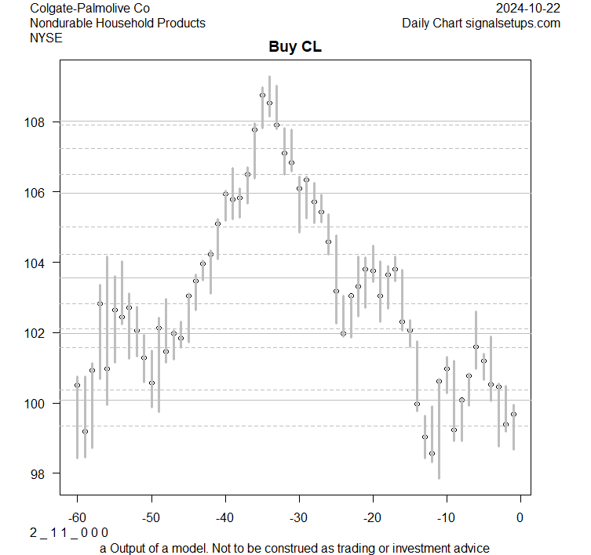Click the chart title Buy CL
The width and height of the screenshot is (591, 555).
tap(295, 47)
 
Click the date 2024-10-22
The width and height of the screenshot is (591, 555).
tap(528, 9)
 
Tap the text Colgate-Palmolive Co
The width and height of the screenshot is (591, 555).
tap(89, 9)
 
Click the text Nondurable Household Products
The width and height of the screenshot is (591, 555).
tap(118, 23)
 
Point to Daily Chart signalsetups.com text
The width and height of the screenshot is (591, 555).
tap(481, 23)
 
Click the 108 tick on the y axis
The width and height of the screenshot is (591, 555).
tap(39, 122)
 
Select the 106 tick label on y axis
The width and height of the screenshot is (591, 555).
tap(39, 193)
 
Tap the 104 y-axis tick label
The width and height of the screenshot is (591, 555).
tap(39, 263)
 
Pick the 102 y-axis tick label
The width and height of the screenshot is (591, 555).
tap(39, 333)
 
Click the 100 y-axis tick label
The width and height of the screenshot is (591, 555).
tap(39, 403)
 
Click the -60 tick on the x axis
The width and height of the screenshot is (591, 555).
tap(77, 517)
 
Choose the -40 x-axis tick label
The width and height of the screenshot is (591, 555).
tap(225, 517)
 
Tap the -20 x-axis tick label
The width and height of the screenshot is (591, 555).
tap(373, 517)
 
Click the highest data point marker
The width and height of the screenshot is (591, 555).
tap(262, 95)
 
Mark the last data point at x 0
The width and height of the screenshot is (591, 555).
tap(513, 414)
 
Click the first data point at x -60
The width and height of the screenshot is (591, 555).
tap(77, 385)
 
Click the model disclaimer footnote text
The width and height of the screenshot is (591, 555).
tap(295, 548)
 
